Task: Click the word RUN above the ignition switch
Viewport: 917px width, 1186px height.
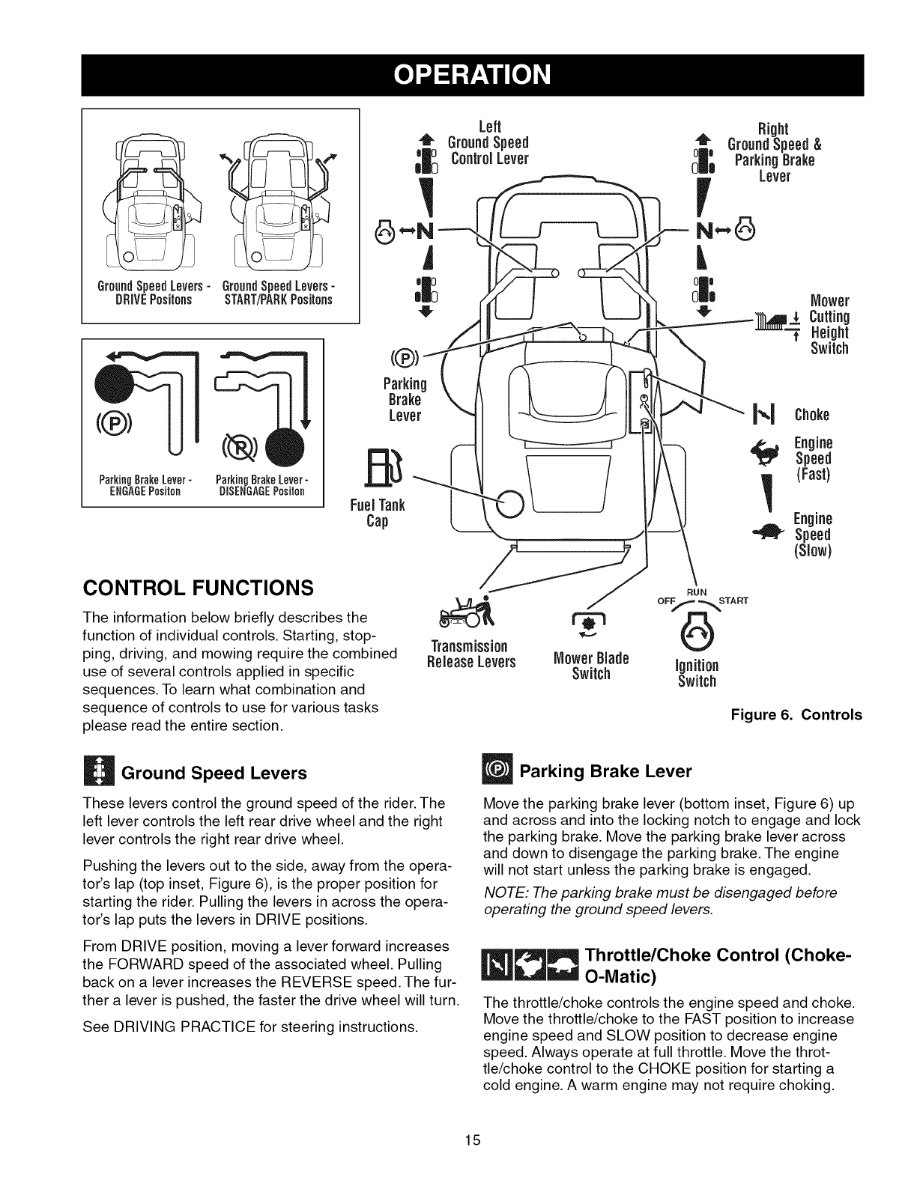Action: pyautogui.click(x=696, y=592)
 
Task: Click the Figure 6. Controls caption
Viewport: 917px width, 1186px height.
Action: pyautogui.click(x=796, y=715)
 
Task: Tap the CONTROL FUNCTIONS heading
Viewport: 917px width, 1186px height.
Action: pyautogui.click(x=196, y=586)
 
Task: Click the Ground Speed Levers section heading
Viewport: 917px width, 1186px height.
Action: pyautogui.click(x=214, y=773)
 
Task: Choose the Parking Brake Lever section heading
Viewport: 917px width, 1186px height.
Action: pyautogui.click(x=605, y=771)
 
